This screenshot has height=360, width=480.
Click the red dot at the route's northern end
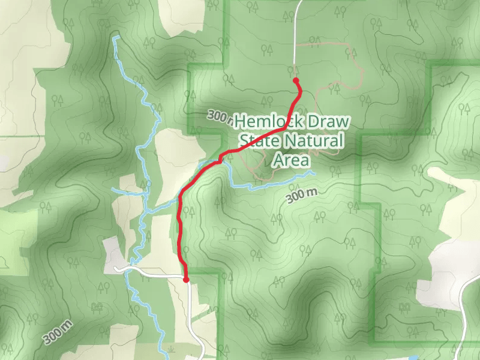pyautogui.click(x=295, y=80)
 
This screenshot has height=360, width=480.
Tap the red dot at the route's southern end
pyautogui.click(x=186, y=280)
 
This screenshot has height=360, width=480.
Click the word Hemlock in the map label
pyautogui.click(x=262, y=122)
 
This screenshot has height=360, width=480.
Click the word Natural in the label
pyautogui.click(x=313, y=142)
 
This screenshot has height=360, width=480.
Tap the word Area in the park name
pyautogui.click(x=291, y=161)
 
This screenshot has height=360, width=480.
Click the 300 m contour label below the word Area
pyautogui.click(x=301, y=196)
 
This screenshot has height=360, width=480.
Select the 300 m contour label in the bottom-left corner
pyautogui.click(x=58, y=332)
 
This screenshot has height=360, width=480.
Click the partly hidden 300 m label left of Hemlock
pyautogui.click(x=220, y=116)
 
